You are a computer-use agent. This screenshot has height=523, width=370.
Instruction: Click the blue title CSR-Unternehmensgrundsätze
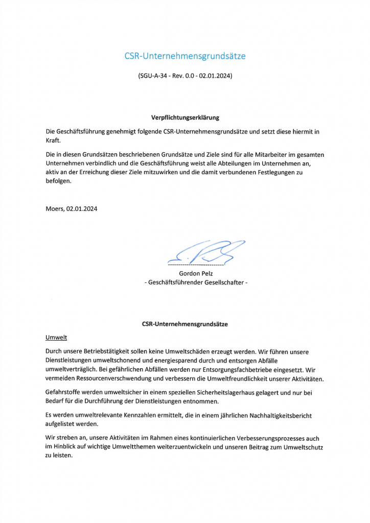tap(185, 56)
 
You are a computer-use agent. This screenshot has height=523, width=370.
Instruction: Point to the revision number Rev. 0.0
tap(183, 76)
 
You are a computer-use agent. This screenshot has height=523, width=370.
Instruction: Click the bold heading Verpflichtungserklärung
tap(185, 117)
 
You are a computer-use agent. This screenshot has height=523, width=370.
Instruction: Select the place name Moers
tap(54, 208)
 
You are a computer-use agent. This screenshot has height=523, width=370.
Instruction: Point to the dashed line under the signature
tap(196, 265)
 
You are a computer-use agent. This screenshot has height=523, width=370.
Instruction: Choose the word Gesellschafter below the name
tap(221, 282)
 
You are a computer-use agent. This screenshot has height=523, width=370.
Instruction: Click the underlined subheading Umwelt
tap(56, 338)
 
